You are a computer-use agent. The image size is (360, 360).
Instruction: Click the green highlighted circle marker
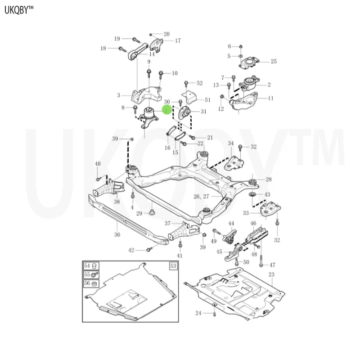click(166, 109)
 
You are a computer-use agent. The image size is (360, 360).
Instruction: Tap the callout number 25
click(274, 62)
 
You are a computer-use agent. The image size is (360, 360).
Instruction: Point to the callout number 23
click(271, 274)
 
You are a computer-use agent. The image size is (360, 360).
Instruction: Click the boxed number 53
click(173, 266)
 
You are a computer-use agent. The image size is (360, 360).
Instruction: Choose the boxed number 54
click(87, 266)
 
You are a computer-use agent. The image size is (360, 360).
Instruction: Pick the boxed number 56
click(87, 283)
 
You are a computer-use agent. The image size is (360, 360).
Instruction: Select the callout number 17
click(177, 40)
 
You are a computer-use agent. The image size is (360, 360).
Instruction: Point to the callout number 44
click(231, 223)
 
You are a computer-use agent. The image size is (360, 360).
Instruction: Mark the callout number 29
click(139, 213)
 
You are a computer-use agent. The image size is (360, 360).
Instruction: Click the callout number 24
click(198, 313)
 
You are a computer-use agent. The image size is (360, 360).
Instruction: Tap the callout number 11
click(270, 98)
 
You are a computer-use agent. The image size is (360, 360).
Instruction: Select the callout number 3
click(118, 95)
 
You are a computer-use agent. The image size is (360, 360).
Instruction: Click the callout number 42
click(131, 250)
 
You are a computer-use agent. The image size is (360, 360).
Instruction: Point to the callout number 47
click(272, 265)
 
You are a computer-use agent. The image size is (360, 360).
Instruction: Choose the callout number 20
click(166, 34)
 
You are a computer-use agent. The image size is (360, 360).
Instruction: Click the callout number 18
click(103, 48)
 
